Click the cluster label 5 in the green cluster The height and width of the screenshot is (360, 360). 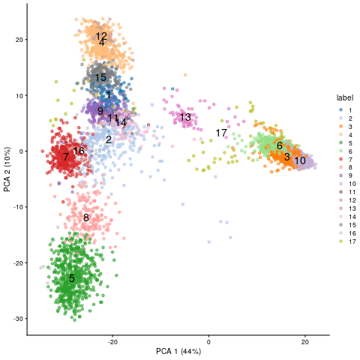point(72,278)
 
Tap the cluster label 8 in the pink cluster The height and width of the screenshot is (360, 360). point(86,217)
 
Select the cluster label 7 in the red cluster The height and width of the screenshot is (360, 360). point(66,157)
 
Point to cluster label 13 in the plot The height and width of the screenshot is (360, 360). point(185,117)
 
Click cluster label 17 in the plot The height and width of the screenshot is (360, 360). point(221,133)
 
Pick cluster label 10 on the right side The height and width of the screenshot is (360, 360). point(299,160)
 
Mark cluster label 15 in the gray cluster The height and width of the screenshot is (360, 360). point(100,77)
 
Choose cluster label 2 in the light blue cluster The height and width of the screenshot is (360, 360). point(108,139)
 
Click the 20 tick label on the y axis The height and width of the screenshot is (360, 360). point(20,39)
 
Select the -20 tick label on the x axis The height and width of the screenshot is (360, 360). point(112,342)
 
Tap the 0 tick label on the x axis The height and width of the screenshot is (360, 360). point(209,342)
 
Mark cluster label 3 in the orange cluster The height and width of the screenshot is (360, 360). point(286,156)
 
